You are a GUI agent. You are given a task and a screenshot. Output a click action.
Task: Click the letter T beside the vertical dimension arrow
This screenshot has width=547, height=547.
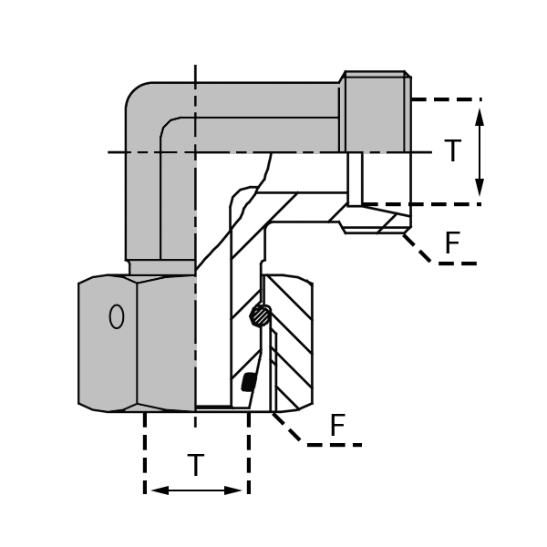point(452,151)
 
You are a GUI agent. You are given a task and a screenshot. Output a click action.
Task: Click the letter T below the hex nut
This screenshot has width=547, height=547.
point(196,466)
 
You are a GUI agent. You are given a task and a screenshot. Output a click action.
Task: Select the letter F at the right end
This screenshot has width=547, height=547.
point(452,243)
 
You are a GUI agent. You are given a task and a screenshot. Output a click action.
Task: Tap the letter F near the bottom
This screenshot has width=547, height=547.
point(337,425)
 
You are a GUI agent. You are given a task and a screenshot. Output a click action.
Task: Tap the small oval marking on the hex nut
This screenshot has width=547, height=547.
point(116,316)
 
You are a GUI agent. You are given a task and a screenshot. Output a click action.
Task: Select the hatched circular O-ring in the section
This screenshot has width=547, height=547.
point(260,315)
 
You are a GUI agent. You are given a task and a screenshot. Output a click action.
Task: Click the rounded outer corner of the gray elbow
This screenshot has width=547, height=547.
point(137,95)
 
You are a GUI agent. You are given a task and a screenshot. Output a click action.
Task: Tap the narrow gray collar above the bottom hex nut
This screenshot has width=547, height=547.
point(161,267)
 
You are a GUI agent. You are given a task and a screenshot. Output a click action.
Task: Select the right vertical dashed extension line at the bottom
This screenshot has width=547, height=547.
point(249,456)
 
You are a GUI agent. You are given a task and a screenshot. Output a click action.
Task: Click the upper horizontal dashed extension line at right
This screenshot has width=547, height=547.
point(447,98)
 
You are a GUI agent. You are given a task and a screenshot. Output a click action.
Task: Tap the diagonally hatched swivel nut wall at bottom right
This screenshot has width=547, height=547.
point(294,346)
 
